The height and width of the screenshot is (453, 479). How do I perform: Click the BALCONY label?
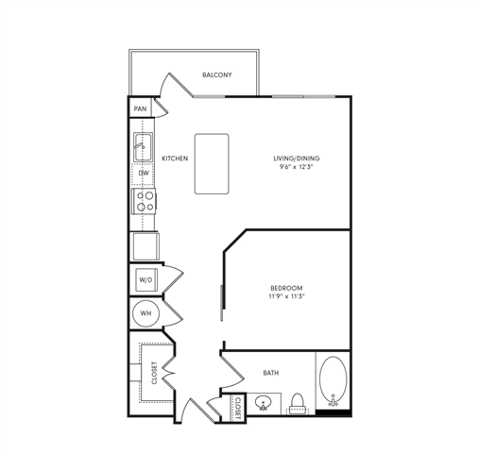click(217, 75)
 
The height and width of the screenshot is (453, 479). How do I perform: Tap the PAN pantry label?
click(140, 109)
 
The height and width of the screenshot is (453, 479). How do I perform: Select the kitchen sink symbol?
click(144, 146)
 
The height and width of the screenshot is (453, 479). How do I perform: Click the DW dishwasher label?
click(145, 174)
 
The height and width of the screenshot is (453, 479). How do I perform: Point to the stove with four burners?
click(145, 201)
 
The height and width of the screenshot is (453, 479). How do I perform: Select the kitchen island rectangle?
click(212, 163)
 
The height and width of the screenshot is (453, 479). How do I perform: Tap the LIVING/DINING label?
click(298, 159)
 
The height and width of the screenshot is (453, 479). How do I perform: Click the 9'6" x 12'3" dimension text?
click(298, 168)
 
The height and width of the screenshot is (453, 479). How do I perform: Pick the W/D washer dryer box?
click(145, 280)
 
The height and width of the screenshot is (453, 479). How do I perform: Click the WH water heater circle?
click(145, 313)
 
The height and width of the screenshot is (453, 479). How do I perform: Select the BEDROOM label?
click(286, 287)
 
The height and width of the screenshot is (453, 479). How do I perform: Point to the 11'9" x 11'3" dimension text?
click(286, 296)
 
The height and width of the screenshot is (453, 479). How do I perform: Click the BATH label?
click(271, 374)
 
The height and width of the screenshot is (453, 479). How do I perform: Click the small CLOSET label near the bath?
click(237, 407)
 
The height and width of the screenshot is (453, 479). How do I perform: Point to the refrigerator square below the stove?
click(145, 245)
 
